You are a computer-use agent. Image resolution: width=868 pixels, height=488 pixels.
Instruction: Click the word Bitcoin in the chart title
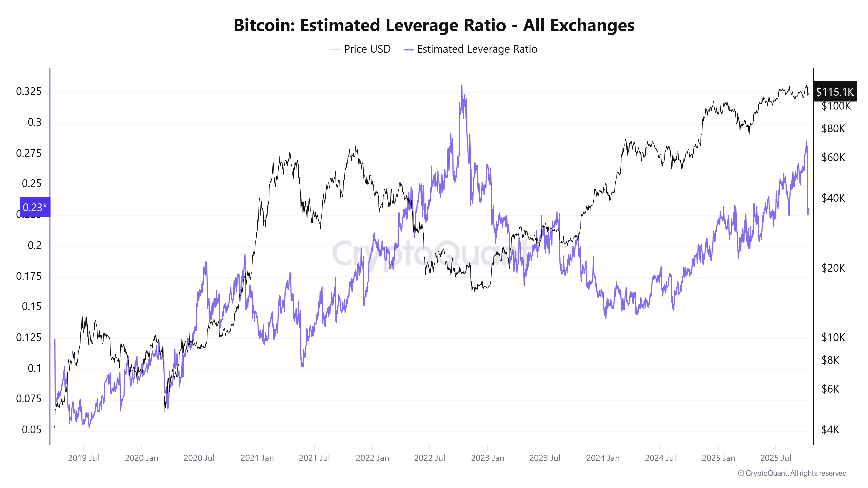pos(264,26)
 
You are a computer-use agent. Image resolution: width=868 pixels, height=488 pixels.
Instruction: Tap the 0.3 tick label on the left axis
pos(34,122)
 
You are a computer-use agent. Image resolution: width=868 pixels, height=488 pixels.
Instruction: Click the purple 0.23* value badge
pos(35,207)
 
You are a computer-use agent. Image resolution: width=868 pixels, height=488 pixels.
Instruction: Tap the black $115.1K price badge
pos(834,92)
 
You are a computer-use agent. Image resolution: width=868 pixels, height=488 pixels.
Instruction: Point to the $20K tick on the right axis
pos(833,268)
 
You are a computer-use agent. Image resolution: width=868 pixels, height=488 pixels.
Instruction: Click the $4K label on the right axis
pos(830,430)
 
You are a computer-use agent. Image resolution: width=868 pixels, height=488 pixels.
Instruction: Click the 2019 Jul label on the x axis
pos(83,458)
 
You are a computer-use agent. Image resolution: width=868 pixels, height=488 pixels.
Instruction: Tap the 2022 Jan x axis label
pos(372,458)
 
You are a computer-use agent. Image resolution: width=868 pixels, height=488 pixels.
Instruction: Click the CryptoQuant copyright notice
pos(792,473)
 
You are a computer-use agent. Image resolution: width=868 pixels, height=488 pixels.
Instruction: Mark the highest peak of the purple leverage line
pos(462,85)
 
